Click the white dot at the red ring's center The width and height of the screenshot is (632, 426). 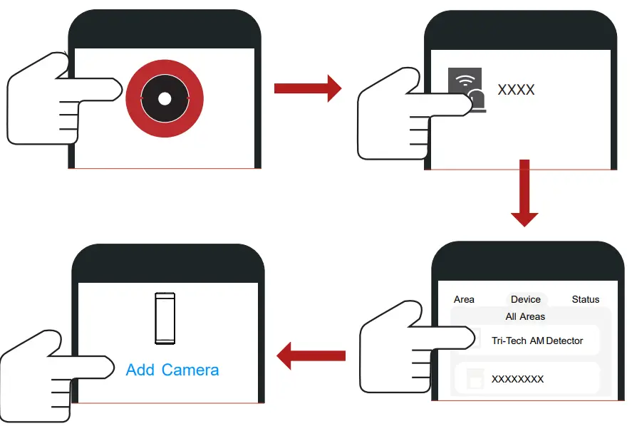(x=165, y=99)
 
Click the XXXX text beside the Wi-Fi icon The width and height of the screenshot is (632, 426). (x=516, y=90)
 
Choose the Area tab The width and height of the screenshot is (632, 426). (x=464, y=299)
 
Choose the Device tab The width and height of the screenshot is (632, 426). (x=526, y=299)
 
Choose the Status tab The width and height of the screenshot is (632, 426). (x=586, y=299)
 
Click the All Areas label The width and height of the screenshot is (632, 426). (x=525, y=316)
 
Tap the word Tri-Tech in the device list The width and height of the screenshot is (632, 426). (x=509, y=341)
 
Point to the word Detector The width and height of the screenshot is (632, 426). (x=564, y=341)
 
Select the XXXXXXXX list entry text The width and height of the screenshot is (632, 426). (x=517, y=379)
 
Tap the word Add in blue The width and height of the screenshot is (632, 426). (x=140, y=370)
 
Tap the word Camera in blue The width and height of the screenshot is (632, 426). (x=190, y=370)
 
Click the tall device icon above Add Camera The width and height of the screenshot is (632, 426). (x=165, y=318)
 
